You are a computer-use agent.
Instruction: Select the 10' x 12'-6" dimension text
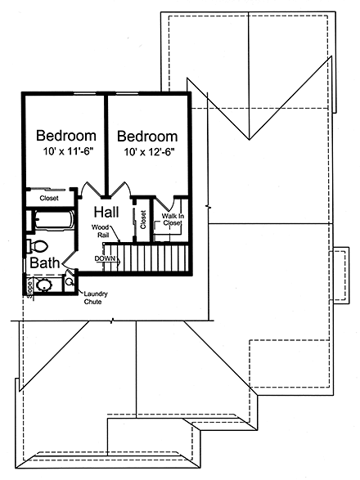click(147, 152)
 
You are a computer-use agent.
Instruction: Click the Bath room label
click(44, 263)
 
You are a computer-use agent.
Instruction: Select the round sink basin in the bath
click(46, 285)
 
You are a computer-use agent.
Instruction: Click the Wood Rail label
click(100, 230)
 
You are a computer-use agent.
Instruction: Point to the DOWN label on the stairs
click(106, 258)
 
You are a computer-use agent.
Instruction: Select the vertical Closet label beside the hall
click(142, 219)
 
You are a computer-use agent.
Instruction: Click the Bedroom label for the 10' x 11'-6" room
click(66, 135)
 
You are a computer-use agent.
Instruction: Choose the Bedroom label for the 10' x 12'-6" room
click(147, 136)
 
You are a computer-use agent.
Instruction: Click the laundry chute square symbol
click(69, 283)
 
